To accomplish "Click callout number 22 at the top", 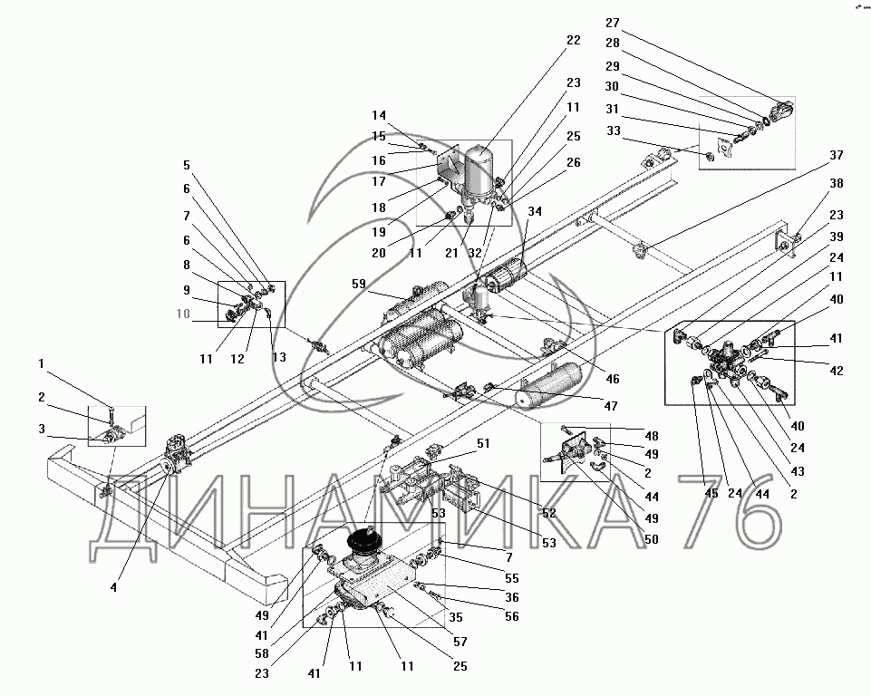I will coord(572,41).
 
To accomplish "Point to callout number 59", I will coord(361,285).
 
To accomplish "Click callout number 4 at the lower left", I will coord(113,587).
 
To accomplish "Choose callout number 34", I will coord(535,211).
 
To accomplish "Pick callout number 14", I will coord(379,115).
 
